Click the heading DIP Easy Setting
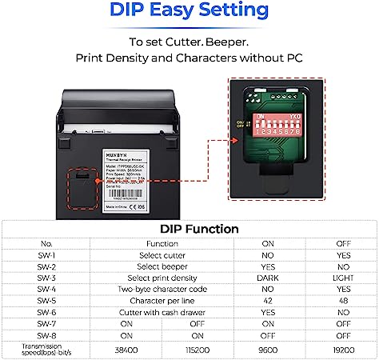click(189, 11)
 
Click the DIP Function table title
click(189, 230)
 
